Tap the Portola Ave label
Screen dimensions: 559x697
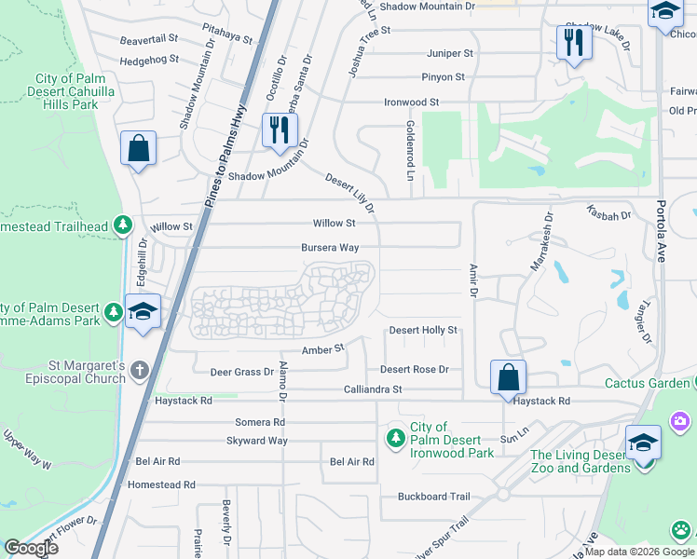[x=661, y=231]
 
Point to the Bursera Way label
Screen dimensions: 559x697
[x=330, y=248]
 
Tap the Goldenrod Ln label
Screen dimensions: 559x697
[x=409, y=149]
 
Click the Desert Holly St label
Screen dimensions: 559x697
[x=423, y=330]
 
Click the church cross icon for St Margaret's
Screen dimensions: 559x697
[x=140, y=370]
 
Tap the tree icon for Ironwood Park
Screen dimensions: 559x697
[x=396, y=437]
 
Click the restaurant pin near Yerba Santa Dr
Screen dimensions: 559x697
[x=278, y=129]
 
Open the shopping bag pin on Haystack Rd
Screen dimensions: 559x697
[x=508, y=377]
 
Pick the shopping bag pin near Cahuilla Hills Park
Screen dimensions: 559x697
[x=138, y=147]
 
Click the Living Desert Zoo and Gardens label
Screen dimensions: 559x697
[x=580, y=461]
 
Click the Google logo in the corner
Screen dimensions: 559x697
[x=31, y=548]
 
